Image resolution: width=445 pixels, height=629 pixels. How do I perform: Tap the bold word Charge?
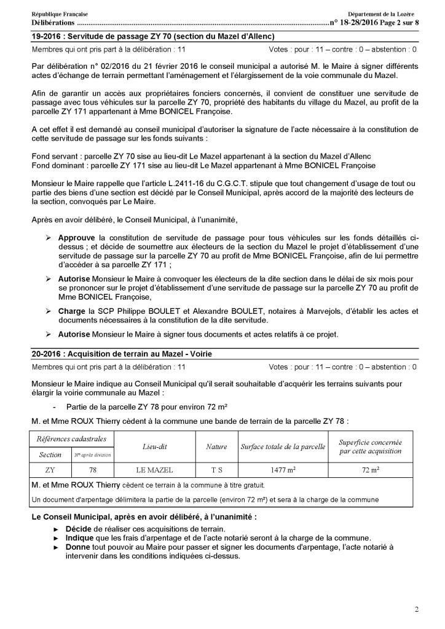click(x=71, y=311)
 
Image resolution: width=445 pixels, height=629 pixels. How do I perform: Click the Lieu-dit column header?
click(x=156, y=447)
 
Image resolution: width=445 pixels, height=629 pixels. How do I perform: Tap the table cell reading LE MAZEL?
click(x=156, y=470)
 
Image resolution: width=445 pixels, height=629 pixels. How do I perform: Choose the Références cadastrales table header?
click(x=72, y=439)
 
